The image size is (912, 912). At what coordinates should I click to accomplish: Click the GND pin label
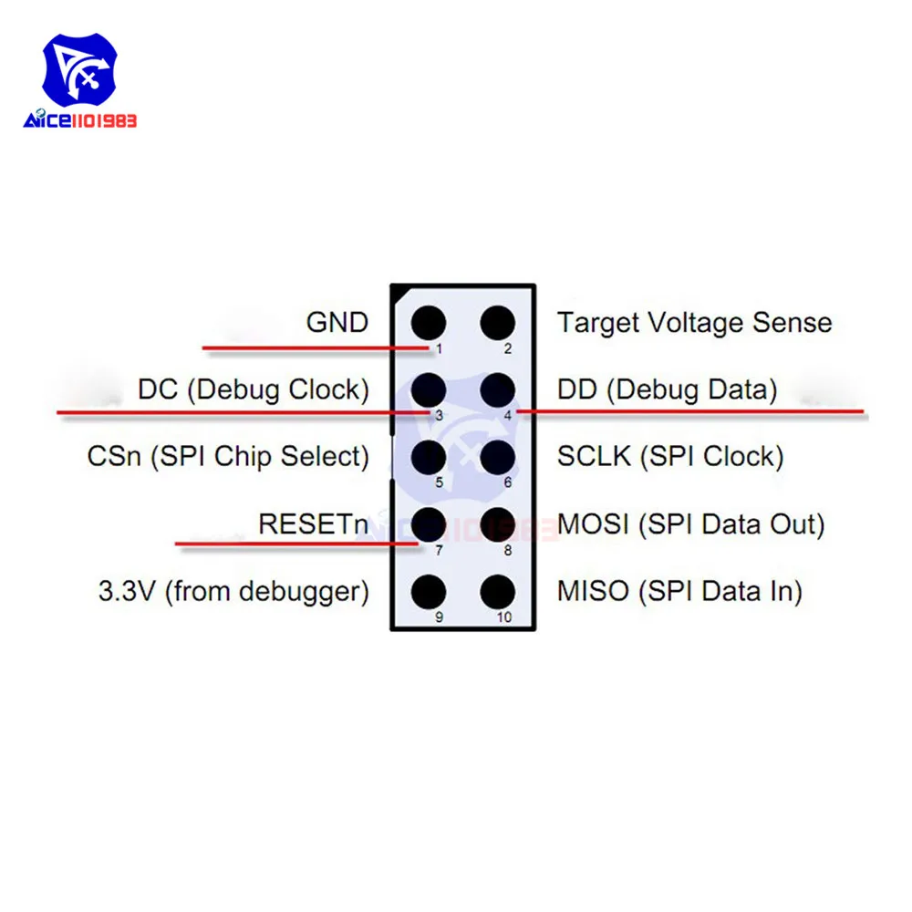(x=337, y=323)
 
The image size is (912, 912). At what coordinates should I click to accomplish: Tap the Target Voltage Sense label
(x=694, y=323)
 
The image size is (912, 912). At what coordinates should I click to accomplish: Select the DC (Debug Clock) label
(x=254, y=390)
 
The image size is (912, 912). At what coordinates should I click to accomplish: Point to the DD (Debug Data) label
(x=667, y=390)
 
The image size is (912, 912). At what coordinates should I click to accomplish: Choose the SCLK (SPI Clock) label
(x=670, y=457)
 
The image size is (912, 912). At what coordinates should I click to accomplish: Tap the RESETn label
(x=314, y=524)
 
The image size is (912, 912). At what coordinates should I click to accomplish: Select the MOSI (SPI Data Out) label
(x=690, y=524)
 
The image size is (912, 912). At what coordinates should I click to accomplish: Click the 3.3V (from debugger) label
(x=233, y=592)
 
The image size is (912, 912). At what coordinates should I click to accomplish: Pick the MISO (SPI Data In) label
(x=679, y=592)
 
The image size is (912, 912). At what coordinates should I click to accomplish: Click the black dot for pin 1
(x=429, y=323)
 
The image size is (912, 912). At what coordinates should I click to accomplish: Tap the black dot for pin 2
(x=498, y=323)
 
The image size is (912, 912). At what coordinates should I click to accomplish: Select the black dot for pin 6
(x=498, y=457)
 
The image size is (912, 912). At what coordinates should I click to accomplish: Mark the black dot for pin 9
(x=429, y=592)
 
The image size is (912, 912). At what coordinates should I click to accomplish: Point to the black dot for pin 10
(x=498, y=592)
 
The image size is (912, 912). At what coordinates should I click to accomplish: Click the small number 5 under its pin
(x=439, y=482)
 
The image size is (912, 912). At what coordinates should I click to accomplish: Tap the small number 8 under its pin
(x=508, y=550)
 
